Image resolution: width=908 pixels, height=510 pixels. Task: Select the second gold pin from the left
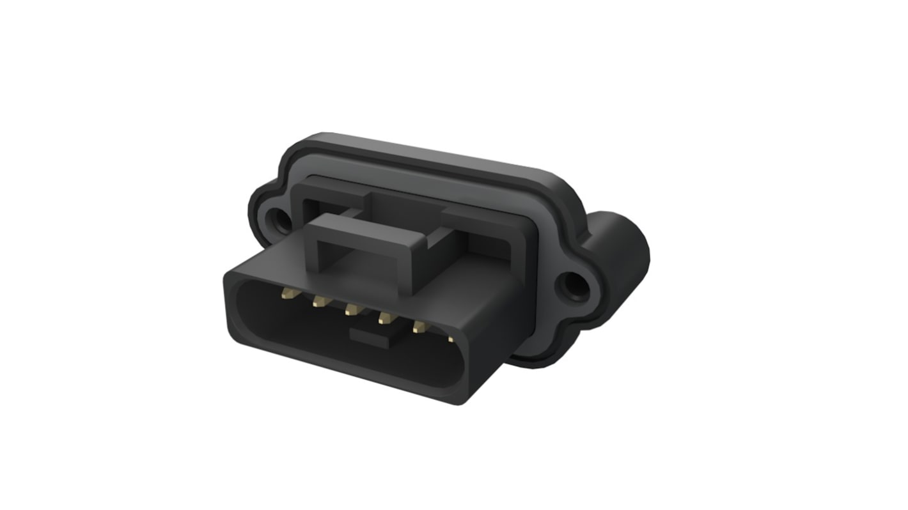[x=318, y=302]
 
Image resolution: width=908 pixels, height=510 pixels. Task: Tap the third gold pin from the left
[x=351, y=310]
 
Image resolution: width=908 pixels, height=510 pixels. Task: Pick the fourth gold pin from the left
[x=384, y=318]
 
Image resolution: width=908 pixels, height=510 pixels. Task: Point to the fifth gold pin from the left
[x=419, y=327]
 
